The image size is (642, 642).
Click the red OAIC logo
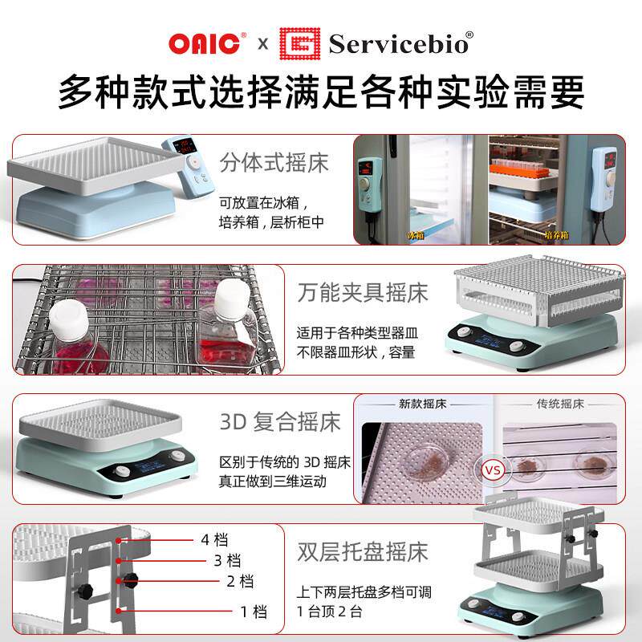205,43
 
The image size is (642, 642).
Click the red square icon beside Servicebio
299,43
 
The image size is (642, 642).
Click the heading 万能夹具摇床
363,291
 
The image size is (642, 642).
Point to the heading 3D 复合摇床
280,421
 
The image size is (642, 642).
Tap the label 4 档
215,538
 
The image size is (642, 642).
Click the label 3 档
228,559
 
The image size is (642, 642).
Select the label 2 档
241,581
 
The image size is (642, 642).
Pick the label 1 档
254,612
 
